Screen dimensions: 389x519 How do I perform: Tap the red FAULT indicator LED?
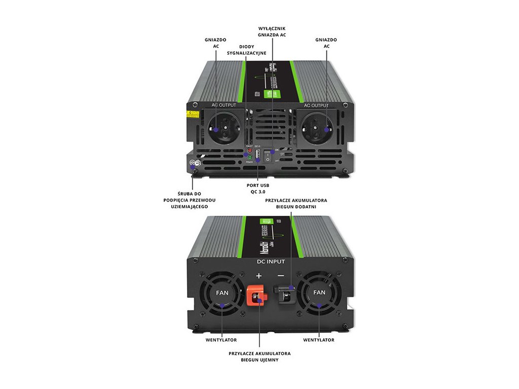tap(249, 151)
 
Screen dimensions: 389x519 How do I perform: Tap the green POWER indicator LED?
tap(249, 158)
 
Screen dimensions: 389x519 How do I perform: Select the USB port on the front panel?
tap(257, 154)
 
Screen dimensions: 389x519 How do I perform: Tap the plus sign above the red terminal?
tap(259, 276)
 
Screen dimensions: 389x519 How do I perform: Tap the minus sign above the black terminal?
tap(281, 276)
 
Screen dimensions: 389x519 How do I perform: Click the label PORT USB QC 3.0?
tap(257, 189)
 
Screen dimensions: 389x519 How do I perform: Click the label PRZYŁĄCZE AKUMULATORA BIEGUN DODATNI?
tap(296, 204)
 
